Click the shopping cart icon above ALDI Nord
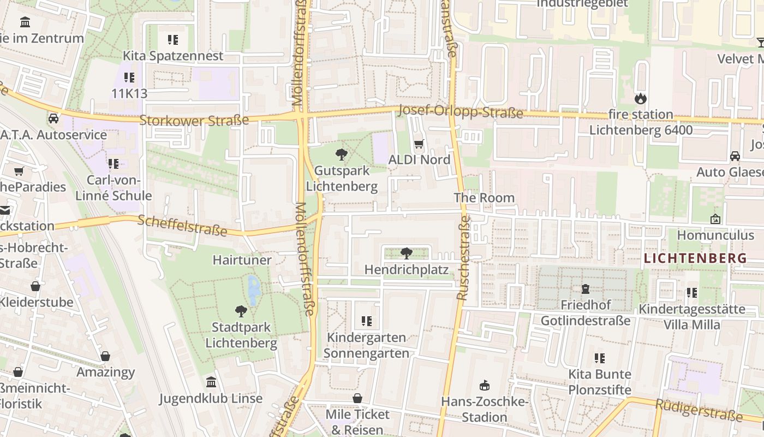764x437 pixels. [419, 144]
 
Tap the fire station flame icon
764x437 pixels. [640, 99]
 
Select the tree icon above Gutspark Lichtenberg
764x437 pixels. [342, 155]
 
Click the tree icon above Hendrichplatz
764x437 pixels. [406, 253]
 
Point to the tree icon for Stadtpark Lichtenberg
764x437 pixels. [241, 311]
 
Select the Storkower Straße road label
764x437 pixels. [194, 120]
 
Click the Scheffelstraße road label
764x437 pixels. [182, 225]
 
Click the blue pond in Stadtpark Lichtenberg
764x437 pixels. [254, 289]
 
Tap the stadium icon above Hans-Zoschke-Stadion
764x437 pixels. [484, 386]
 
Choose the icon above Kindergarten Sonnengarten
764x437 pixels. [366, 321]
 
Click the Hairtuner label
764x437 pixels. [242, 260]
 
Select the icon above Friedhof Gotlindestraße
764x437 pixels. [586, 288]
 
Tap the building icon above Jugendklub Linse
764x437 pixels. [211, 382]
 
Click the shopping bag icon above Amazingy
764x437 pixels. [105, 357]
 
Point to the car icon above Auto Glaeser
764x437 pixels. [735, 156]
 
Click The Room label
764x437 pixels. [484, 198]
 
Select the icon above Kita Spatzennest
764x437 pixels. [173, 40]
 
